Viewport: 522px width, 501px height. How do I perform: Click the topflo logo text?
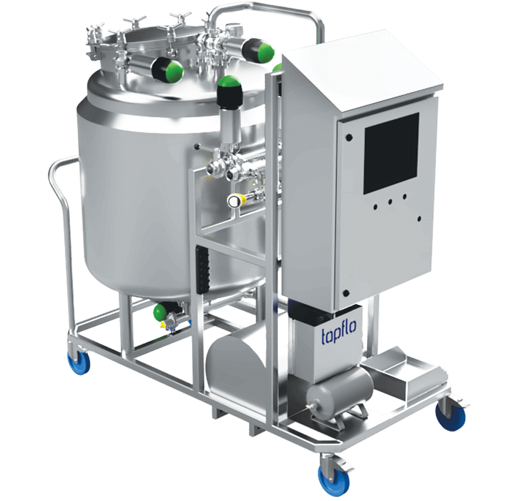(339, 335)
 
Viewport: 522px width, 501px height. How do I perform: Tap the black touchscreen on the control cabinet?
(391, 153)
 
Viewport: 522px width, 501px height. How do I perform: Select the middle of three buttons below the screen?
(390, 202)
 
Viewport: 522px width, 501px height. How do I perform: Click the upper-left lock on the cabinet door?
(349, 137)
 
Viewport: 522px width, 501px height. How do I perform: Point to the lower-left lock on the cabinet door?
(346, 294)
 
